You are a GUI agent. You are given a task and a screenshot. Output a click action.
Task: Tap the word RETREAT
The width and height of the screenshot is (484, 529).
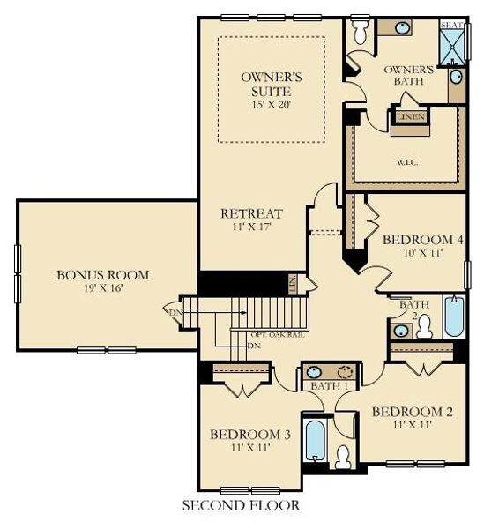pyautogui.click(x=251, y=213)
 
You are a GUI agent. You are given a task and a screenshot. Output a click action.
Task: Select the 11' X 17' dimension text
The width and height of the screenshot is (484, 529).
pyautogui.click(x=251, y=228)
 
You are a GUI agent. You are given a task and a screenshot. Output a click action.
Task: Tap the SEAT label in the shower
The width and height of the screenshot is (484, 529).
pyautogui.click(x=452, y=26)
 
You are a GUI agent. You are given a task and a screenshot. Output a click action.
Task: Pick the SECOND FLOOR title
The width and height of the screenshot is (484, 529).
pyautogui.click(x=241, y=506)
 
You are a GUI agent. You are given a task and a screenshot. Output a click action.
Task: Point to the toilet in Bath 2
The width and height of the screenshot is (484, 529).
pyautogui.click(x=424, y=327)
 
